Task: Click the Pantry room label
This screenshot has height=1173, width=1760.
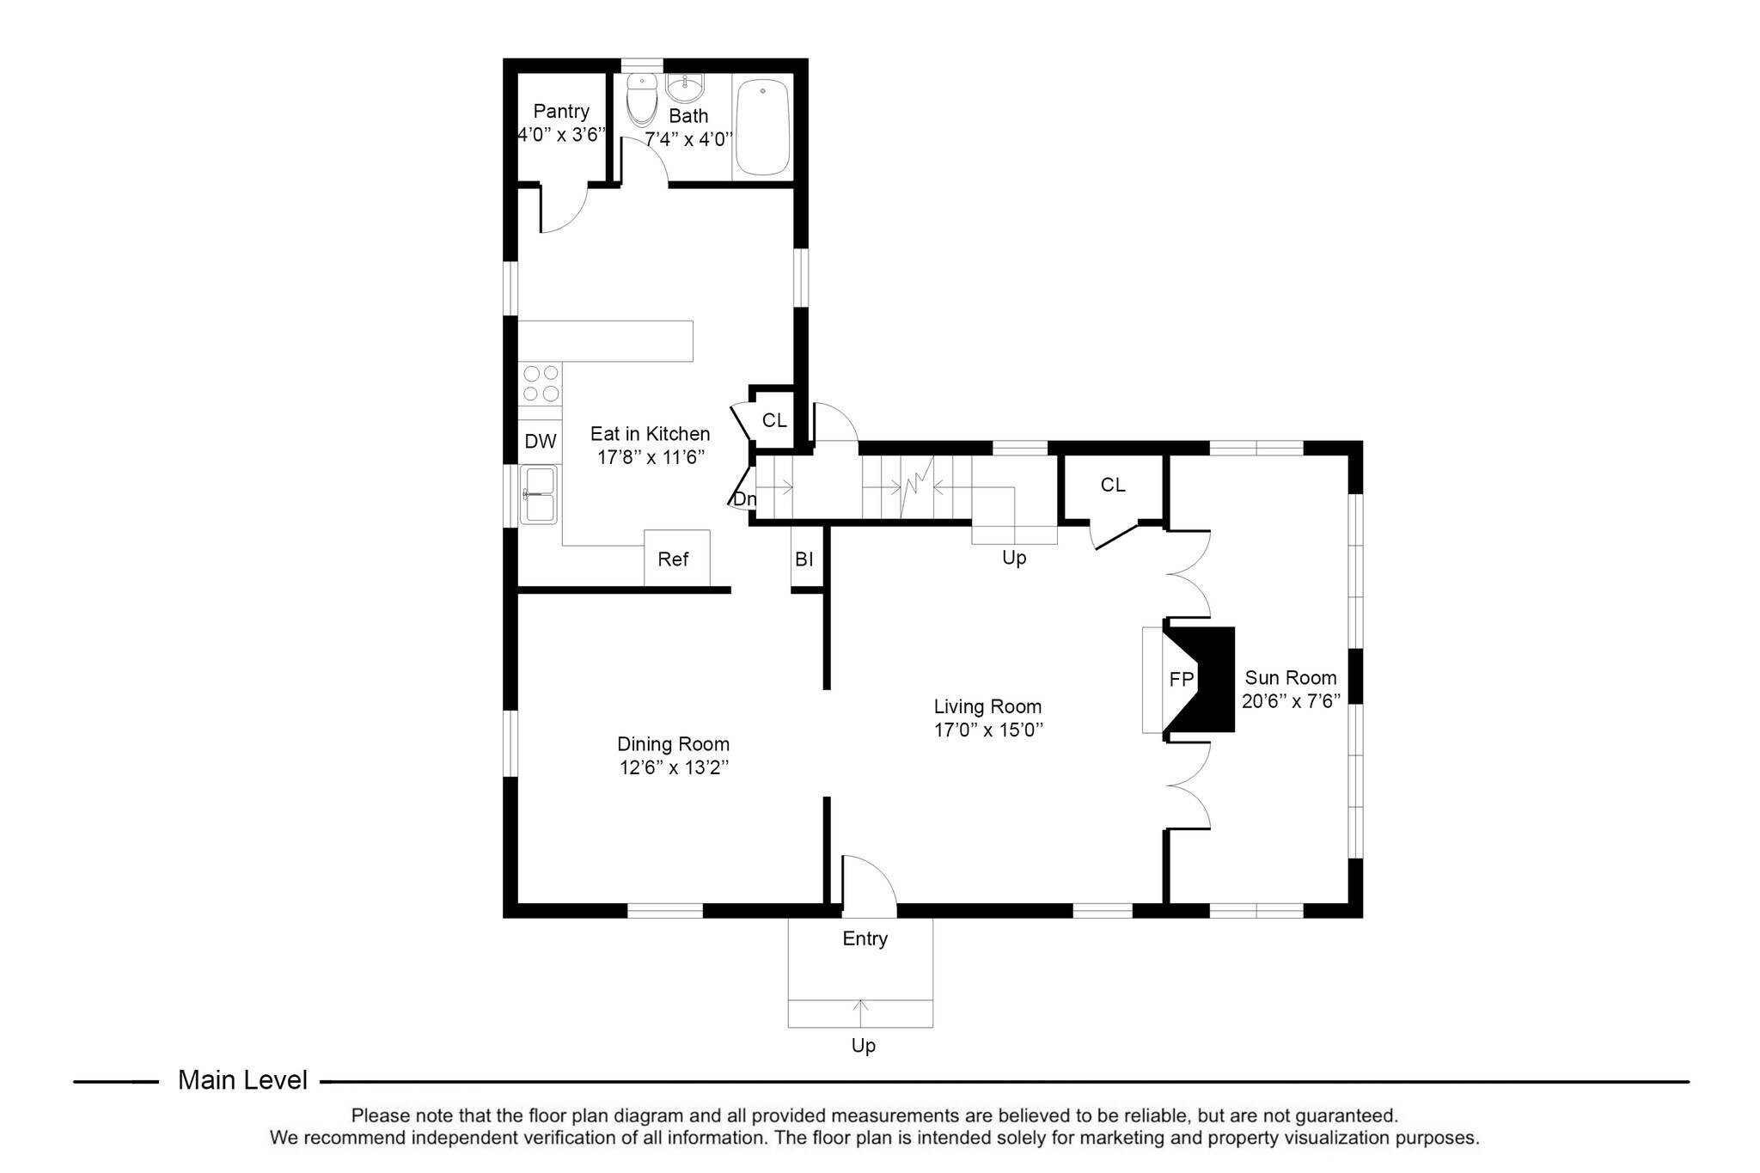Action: click(561, 112)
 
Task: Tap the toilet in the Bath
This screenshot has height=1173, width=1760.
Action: click(640, 101)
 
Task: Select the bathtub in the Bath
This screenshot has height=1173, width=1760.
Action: click(762, 127)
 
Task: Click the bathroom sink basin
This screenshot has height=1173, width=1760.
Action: click(686, 88)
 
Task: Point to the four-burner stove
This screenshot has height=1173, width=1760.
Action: click(541, 383)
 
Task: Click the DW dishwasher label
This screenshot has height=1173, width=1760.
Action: click(541, 442)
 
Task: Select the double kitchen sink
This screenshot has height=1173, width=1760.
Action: click(540, 494)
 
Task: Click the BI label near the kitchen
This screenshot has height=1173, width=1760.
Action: click(804, 560)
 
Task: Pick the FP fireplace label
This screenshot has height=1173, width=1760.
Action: click(1182, 680)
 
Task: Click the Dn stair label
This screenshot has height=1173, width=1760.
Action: click(744, 499)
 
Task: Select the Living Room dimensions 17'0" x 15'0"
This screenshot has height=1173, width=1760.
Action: click(988, 731)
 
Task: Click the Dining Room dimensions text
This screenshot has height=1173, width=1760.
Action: click(674, 767)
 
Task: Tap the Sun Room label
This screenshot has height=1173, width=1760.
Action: click(1291, 678)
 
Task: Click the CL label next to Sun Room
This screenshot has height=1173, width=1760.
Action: click(1113, 486)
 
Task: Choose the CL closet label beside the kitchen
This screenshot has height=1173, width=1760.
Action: click(774, 421)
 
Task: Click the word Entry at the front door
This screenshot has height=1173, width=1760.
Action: click(865, 939)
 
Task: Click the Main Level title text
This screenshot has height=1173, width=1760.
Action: click(242, 1081)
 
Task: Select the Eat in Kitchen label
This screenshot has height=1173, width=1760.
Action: click(650, 434)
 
